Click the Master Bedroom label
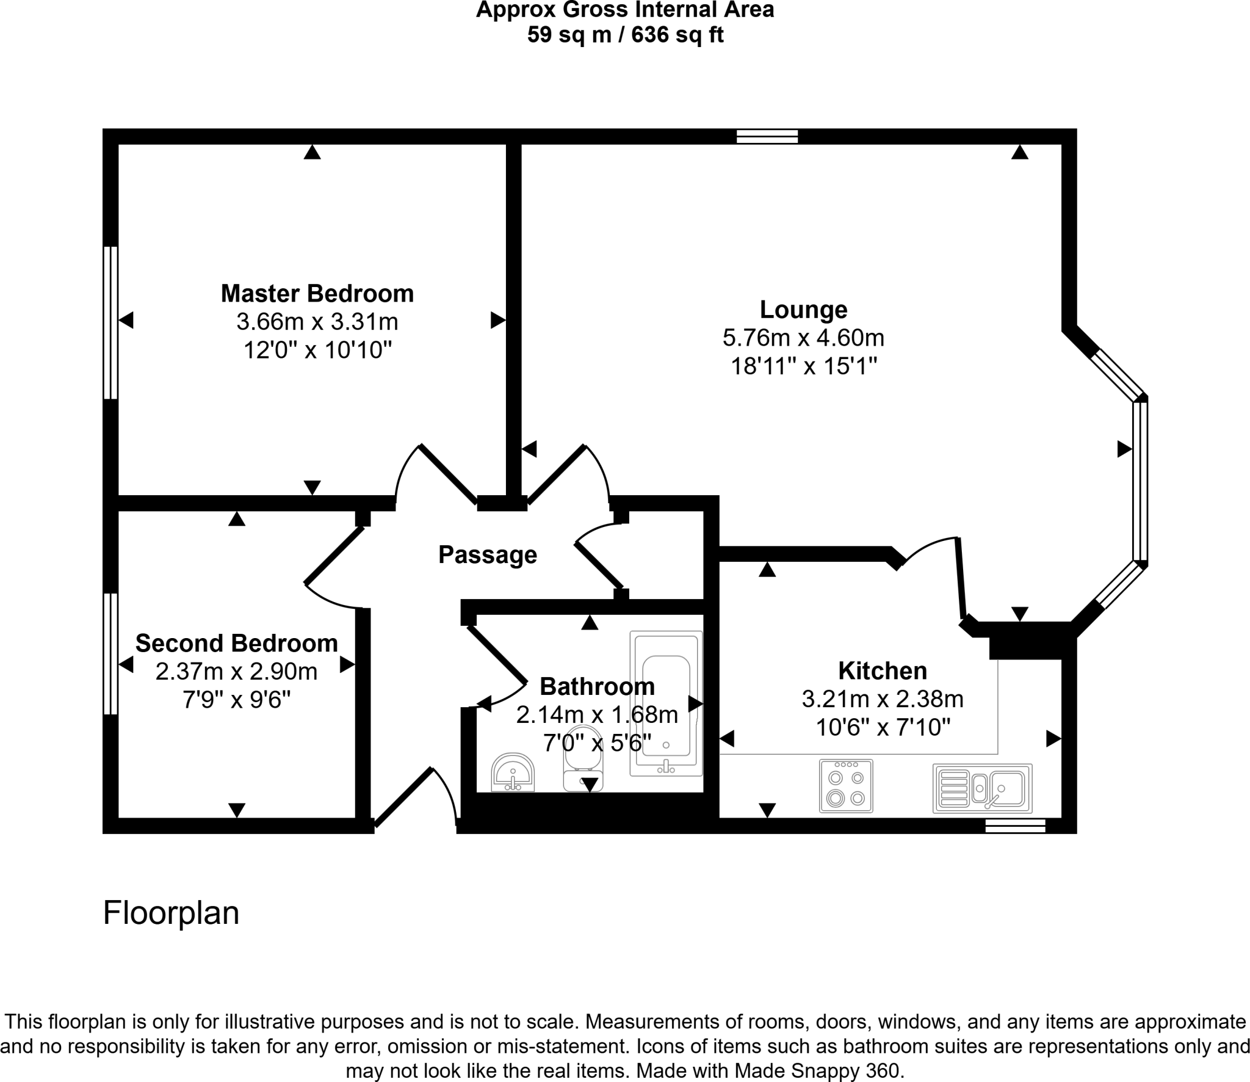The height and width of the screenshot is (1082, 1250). click(317, 294)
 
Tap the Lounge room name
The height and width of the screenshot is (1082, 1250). click(803, 310)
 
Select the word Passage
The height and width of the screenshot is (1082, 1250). click(488, 554)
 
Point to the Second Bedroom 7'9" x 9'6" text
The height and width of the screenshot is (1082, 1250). click(236, 700)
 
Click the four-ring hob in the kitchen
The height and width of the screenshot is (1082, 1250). click(846, 786)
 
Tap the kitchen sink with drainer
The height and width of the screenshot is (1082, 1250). click(982, 788)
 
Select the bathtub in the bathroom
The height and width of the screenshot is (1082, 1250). click(666, 703)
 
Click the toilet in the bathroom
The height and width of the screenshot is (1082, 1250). click(583, 758)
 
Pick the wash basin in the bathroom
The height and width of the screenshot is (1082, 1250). click(513, 772)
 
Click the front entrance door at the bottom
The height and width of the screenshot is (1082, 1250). click(415, 797)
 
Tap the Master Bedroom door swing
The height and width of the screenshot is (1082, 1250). click(436, 473)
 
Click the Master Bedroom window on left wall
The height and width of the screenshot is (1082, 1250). click(110, 322)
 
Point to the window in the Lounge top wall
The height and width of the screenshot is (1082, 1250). click(767, 137)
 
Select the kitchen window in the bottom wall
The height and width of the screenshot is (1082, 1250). click(1015, 826)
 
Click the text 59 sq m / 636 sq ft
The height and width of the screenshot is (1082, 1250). click(625, 35)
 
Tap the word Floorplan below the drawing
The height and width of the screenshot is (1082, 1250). click(171, 913)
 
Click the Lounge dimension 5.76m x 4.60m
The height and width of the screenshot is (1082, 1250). click(803, 338)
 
